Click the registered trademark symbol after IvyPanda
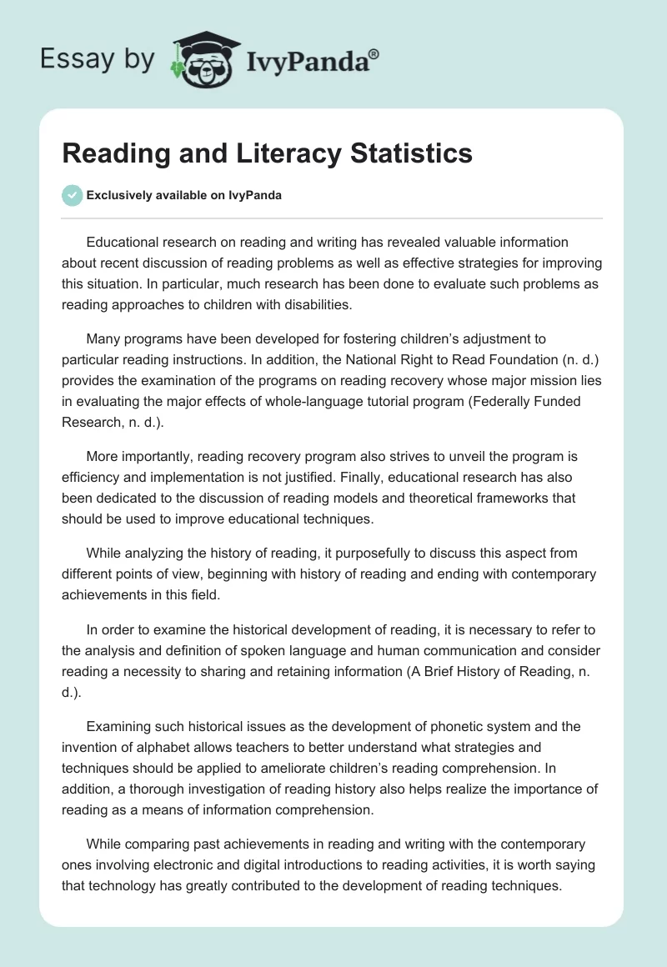[x=374, y=53]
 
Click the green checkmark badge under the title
[x=73, y=195]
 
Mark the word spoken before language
[x=303, y=651]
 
